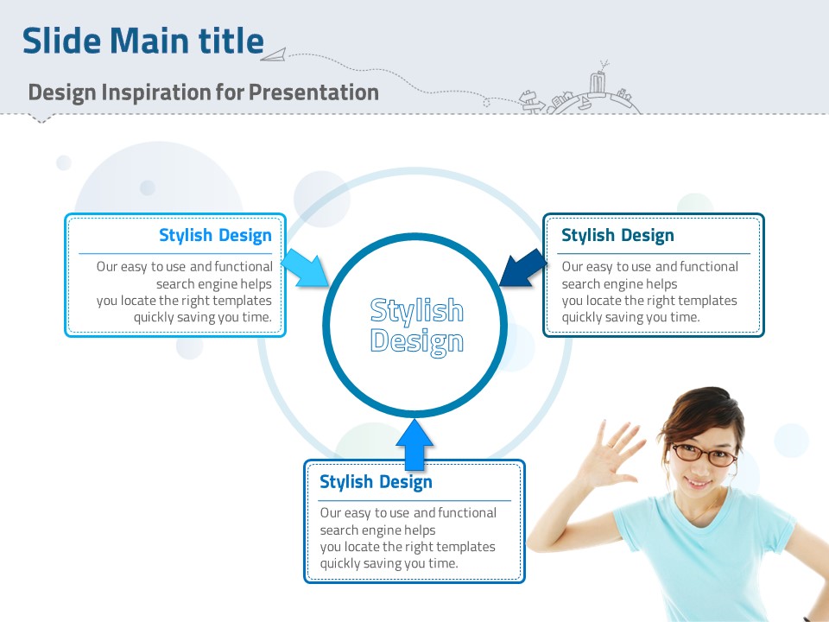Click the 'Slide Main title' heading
[143, 41]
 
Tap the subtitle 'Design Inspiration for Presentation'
[204, 92]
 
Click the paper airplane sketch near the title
[274, 54]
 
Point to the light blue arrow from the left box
[305, 268]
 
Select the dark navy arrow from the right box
[523, 268]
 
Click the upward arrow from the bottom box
[414, 445]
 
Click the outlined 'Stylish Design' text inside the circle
[416, 325]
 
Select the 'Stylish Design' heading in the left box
[215, 235]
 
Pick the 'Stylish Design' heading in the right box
[617, 235]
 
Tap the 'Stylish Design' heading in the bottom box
[376, 482]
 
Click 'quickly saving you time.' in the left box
[202, 317]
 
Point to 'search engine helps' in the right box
[619, 284]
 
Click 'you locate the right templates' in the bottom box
[408, 546]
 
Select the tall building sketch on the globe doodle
[598, 85]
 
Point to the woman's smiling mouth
[698, 483]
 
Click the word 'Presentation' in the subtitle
[313, 92]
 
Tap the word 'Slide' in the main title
[61, 41]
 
